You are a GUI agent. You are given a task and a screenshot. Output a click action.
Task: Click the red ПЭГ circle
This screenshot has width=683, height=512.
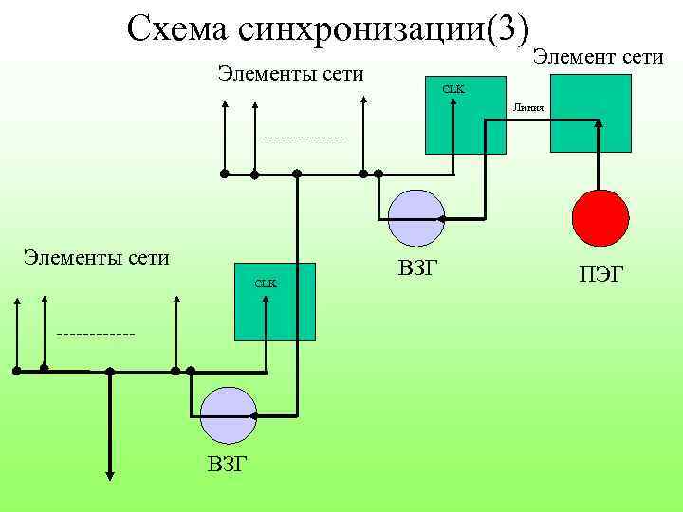point(600,217)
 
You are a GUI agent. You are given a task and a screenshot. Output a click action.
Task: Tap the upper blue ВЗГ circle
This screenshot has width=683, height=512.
point(415,217)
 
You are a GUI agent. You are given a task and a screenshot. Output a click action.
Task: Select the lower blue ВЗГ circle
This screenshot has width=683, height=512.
point(229,414)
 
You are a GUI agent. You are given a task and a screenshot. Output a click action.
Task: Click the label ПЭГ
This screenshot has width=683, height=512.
point(601,275)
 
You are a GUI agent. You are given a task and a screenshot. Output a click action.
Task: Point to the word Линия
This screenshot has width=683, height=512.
point(528,107)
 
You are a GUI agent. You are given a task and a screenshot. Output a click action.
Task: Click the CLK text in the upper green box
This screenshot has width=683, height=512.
point(453,89)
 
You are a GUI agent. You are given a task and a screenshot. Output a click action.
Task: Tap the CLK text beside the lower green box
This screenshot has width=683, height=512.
point(265,283)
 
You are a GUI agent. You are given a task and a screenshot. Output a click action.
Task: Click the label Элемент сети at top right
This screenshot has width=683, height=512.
point(598,58)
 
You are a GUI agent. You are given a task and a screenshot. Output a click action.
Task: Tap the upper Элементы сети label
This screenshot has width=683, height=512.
point(290,74)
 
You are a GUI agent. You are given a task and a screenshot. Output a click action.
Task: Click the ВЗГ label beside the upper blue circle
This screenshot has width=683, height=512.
point(417,267)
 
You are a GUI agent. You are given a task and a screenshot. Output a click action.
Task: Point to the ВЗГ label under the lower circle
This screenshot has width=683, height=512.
point(228,464)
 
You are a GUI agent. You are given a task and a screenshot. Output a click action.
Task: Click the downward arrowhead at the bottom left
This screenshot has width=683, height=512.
point(110,477)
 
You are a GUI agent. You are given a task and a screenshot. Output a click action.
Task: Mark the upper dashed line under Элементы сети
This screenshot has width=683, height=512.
point(303,137)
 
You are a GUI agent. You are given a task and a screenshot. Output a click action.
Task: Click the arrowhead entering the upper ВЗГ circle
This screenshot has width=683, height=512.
point(440,217)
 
